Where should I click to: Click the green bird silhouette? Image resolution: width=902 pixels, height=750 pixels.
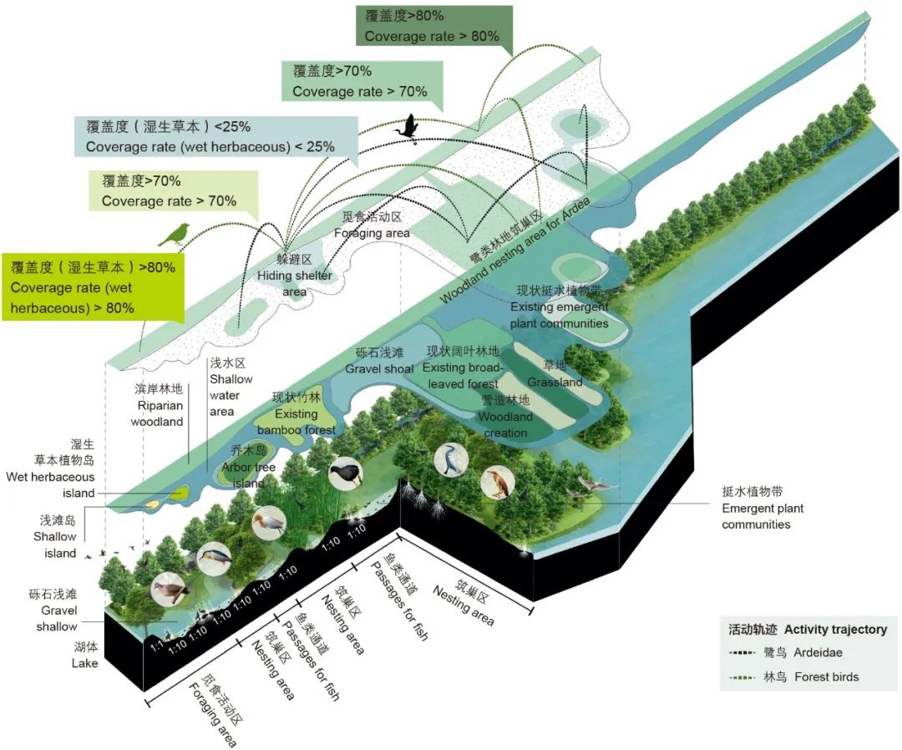point(175,235)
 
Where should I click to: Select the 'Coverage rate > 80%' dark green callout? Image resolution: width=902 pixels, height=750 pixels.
point(432,26)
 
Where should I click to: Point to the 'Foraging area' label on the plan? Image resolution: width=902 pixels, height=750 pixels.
point(372,225)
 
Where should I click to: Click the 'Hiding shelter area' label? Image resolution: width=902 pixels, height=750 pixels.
point(294,276)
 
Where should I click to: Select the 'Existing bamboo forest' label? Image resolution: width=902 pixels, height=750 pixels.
point(296,413)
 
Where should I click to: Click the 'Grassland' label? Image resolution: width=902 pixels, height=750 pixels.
point(555,374)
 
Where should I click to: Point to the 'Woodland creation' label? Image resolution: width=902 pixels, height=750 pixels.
point(505,417)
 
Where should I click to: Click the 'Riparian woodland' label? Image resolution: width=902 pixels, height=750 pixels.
point(157,405)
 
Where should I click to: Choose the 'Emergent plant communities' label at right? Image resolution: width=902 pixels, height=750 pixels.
point(763,508)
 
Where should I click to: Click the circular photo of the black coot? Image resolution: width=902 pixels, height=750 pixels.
point(345,474)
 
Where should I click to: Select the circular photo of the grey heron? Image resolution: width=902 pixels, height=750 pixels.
point(451,460)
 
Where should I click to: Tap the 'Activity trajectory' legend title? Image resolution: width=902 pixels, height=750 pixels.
point(808,629)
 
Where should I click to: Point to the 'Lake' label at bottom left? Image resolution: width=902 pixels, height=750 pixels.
point(84,656)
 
